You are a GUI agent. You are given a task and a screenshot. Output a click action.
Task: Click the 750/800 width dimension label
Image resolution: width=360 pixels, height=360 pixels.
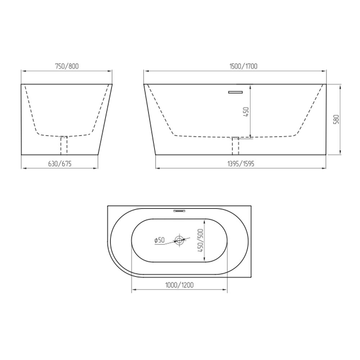tap(67, 66)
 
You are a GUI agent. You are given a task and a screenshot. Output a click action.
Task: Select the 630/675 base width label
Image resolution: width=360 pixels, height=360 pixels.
tap(60, 163)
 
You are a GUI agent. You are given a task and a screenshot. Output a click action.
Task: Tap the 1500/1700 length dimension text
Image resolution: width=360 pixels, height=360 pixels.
tap(243, 66)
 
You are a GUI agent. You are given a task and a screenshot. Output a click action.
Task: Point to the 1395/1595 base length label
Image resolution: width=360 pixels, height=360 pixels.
tap(241, 163)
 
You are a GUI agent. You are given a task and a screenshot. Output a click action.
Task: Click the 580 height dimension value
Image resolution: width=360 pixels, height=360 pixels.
tap(336, 120)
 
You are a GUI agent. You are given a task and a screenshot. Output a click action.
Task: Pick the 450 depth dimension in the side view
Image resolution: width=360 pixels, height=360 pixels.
tap(246, 112)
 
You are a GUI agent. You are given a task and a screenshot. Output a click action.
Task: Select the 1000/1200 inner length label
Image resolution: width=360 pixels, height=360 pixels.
tap(180, 285)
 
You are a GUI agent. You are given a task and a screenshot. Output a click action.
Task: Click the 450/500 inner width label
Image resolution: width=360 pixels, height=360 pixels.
tap(201, 240)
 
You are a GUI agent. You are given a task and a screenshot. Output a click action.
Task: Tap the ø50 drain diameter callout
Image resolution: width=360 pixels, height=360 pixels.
tap(159, 240)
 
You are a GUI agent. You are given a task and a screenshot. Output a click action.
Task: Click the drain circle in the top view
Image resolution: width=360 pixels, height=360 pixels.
tap(179, 240)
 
